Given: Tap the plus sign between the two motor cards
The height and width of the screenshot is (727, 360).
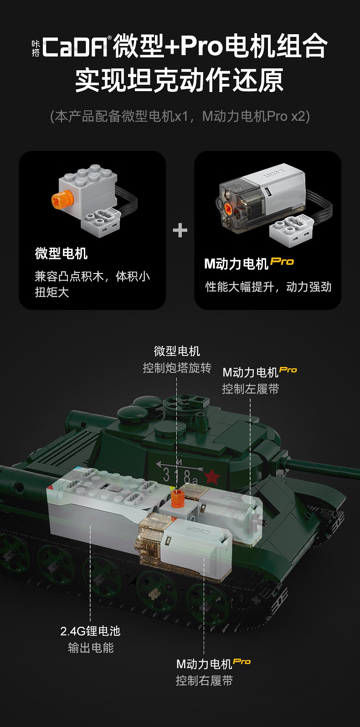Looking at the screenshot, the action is (180, 231).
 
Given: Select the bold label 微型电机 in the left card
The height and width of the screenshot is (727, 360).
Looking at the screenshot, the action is (62, 253).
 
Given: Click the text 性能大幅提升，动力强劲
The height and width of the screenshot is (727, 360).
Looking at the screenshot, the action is (268, 287).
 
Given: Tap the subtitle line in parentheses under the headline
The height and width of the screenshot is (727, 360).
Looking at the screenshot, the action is (180, 116).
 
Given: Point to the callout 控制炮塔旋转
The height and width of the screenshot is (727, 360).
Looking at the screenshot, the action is (177, 368).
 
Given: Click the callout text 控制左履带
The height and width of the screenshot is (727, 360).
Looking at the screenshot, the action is (250, 389).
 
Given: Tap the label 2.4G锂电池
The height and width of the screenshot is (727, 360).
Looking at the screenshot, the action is (90, 631).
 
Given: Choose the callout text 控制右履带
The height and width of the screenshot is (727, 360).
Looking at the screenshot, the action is (204, 681).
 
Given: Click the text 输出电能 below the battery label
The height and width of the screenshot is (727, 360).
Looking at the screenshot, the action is (91, 648).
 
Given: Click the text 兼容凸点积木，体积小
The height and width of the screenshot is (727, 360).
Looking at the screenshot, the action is (92, 277).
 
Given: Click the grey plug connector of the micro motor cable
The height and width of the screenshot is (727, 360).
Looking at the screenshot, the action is (100, 222).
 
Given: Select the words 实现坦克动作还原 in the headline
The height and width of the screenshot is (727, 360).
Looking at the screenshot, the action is (180, 80).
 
